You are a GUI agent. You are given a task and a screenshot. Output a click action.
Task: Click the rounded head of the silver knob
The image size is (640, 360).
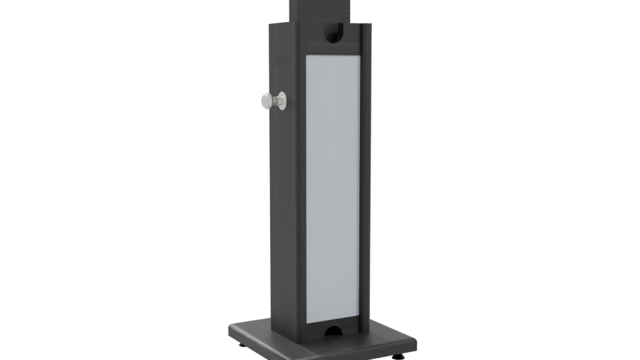click(267, 101)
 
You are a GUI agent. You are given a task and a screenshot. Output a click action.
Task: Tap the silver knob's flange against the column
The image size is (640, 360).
click(283, 101)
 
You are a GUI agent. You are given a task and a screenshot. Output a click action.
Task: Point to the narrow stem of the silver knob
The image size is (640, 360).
click(275, 101)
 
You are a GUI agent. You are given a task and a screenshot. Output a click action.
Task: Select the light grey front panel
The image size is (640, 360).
click(332, 187)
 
